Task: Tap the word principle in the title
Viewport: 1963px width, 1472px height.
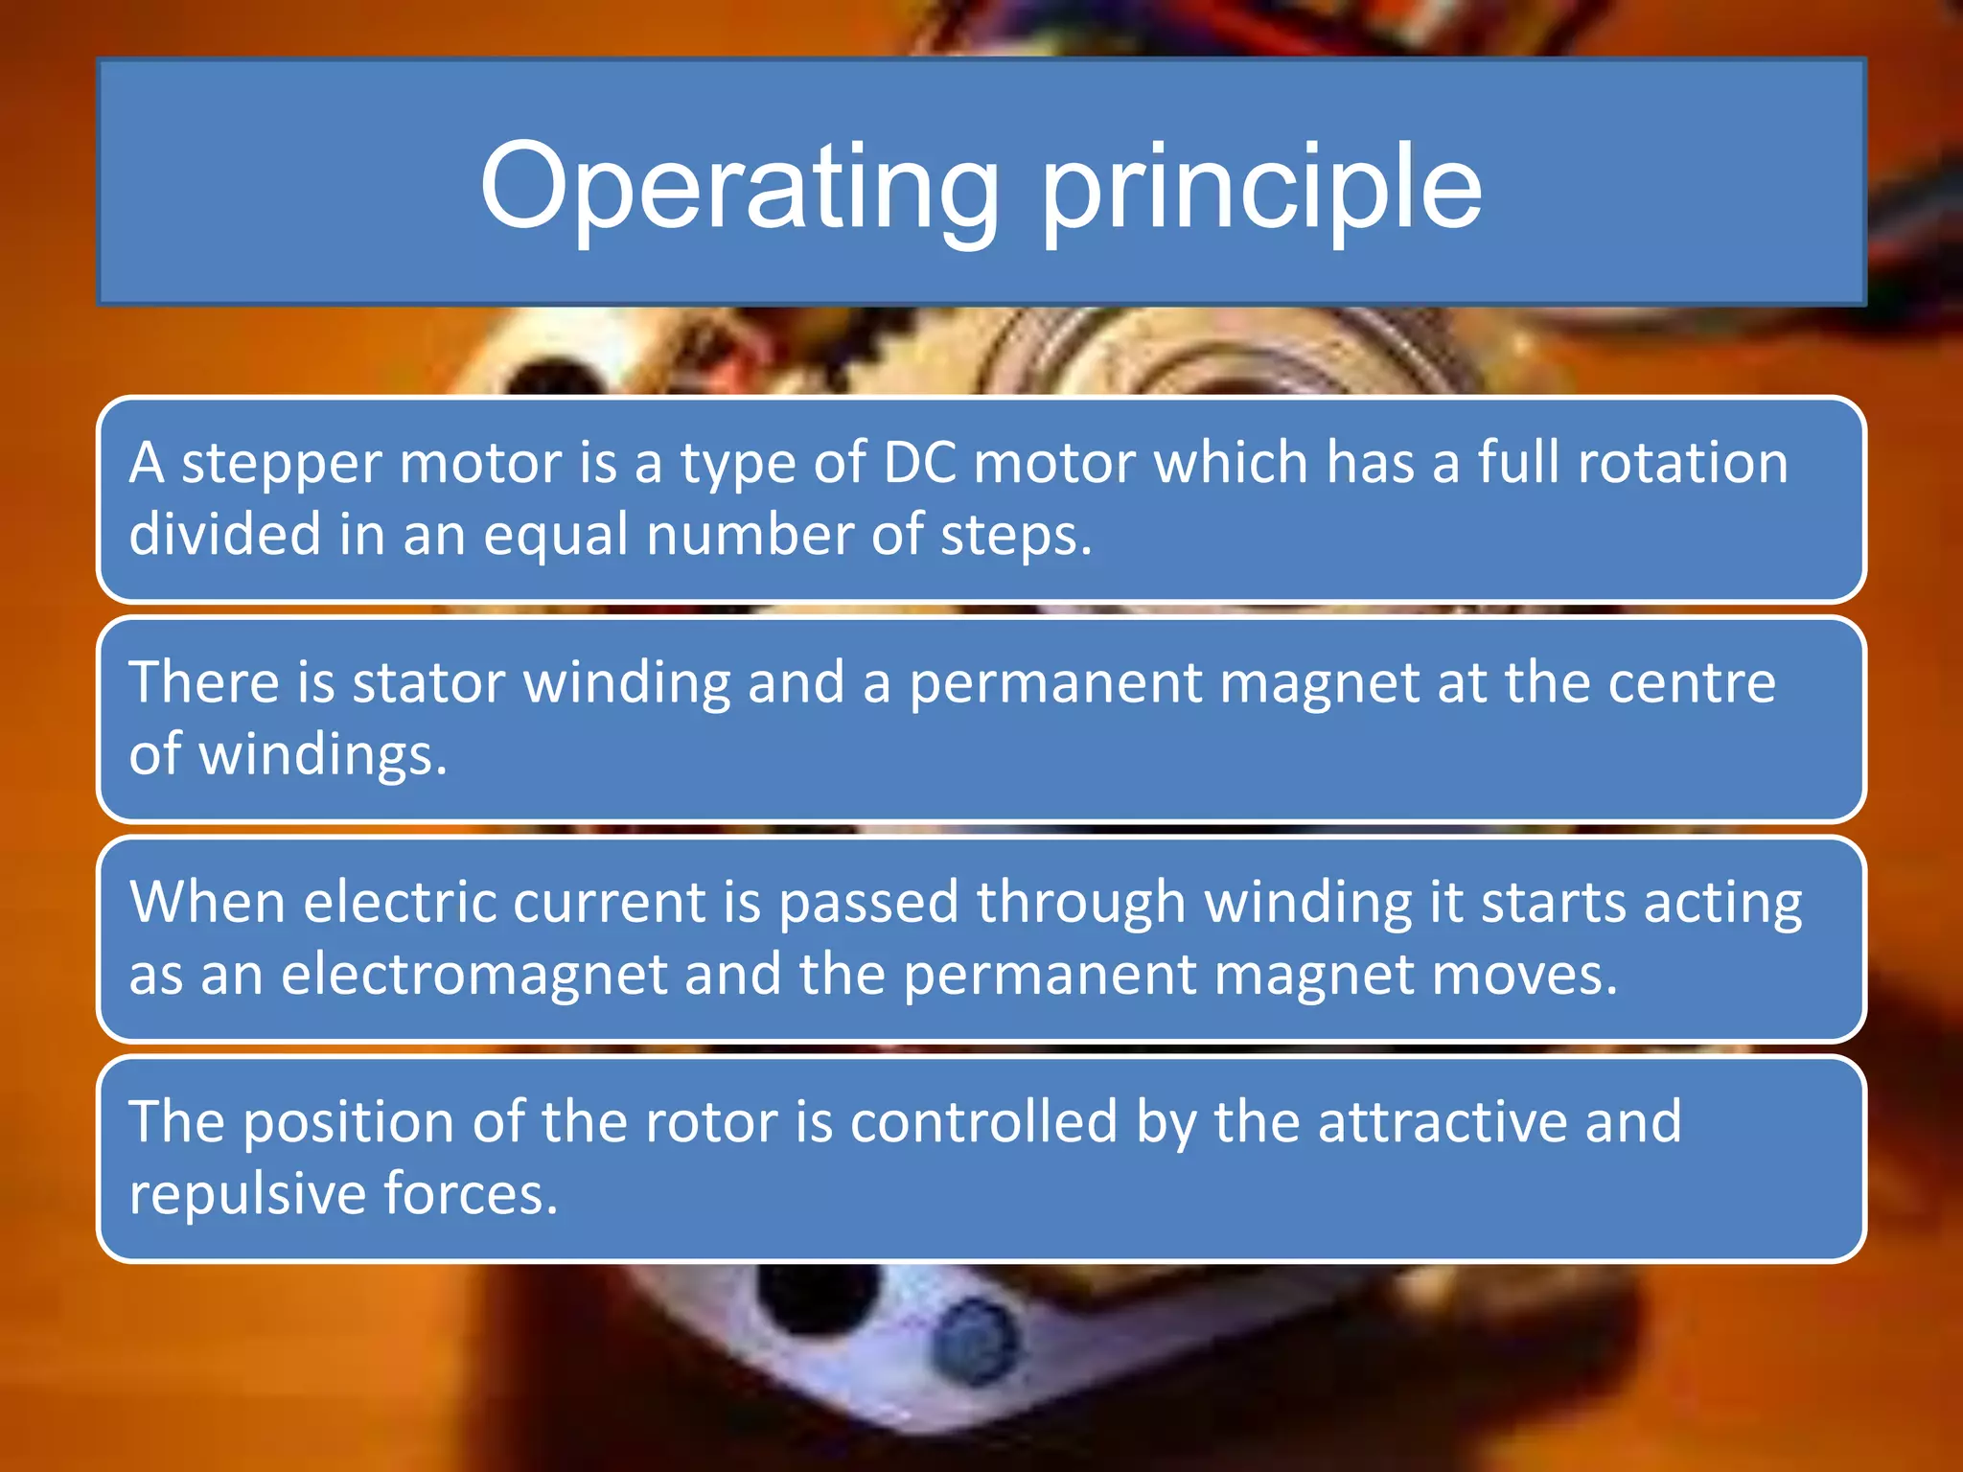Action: (1261, 187)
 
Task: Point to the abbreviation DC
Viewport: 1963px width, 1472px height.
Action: (919, 463)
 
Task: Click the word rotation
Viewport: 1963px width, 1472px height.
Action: (1683, 463)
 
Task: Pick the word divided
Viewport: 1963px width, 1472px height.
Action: (224, 535)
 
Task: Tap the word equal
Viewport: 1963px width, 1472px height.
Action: (557, 537)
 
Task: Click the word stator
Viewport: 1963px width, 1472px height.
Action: (428, 682)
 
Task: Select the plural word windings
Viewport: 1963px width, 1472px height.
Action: (322, 755)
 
